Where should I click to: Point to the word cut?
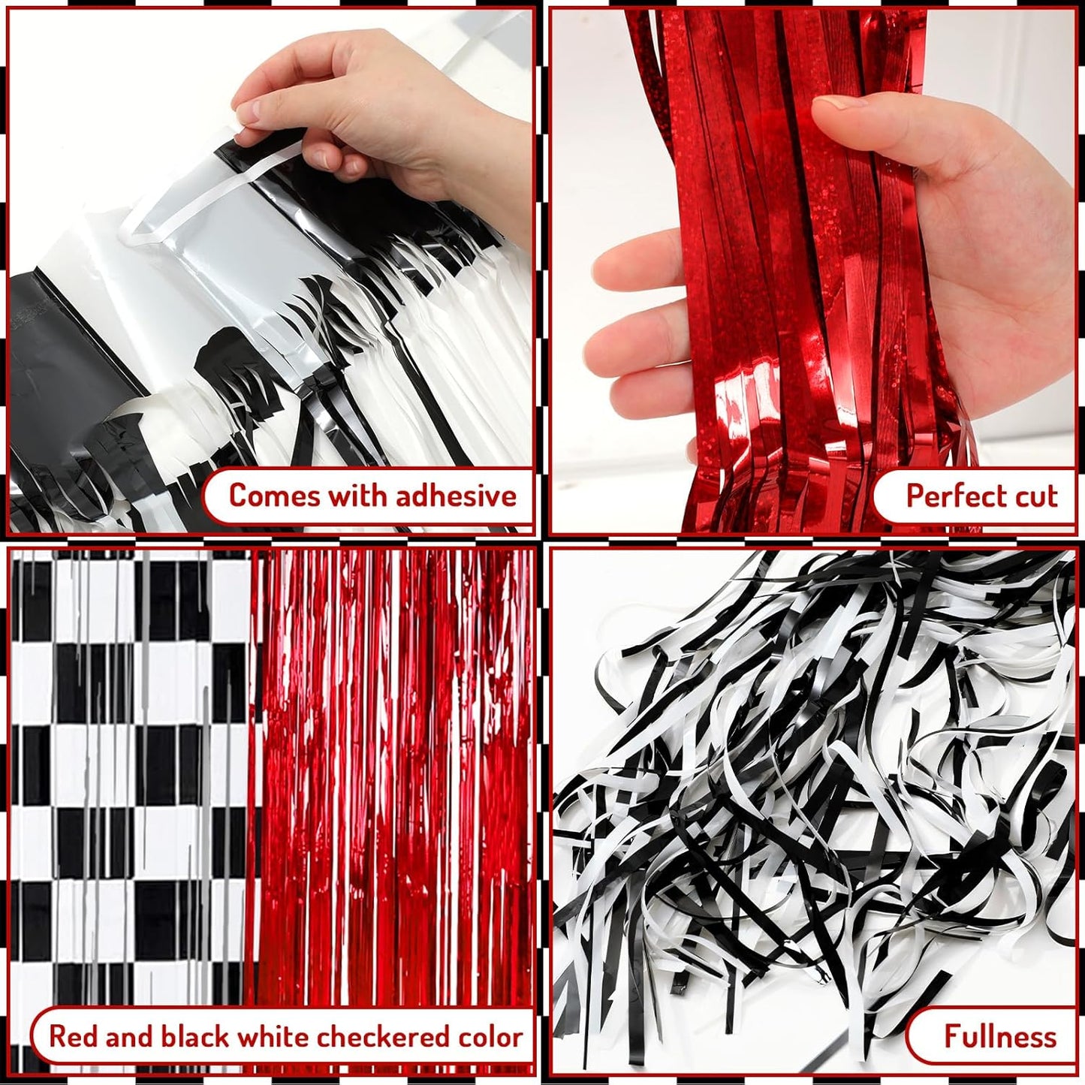(1034, 496)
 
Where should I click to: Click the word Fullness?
(999, 1037)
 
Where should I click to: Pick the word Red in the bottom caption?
(74, 1037)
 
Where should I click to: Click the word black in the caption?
(195, 1037)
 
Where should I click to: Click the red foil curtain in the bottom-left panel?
(394, 751)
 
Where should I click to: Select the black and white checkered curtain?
(128, 751)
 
